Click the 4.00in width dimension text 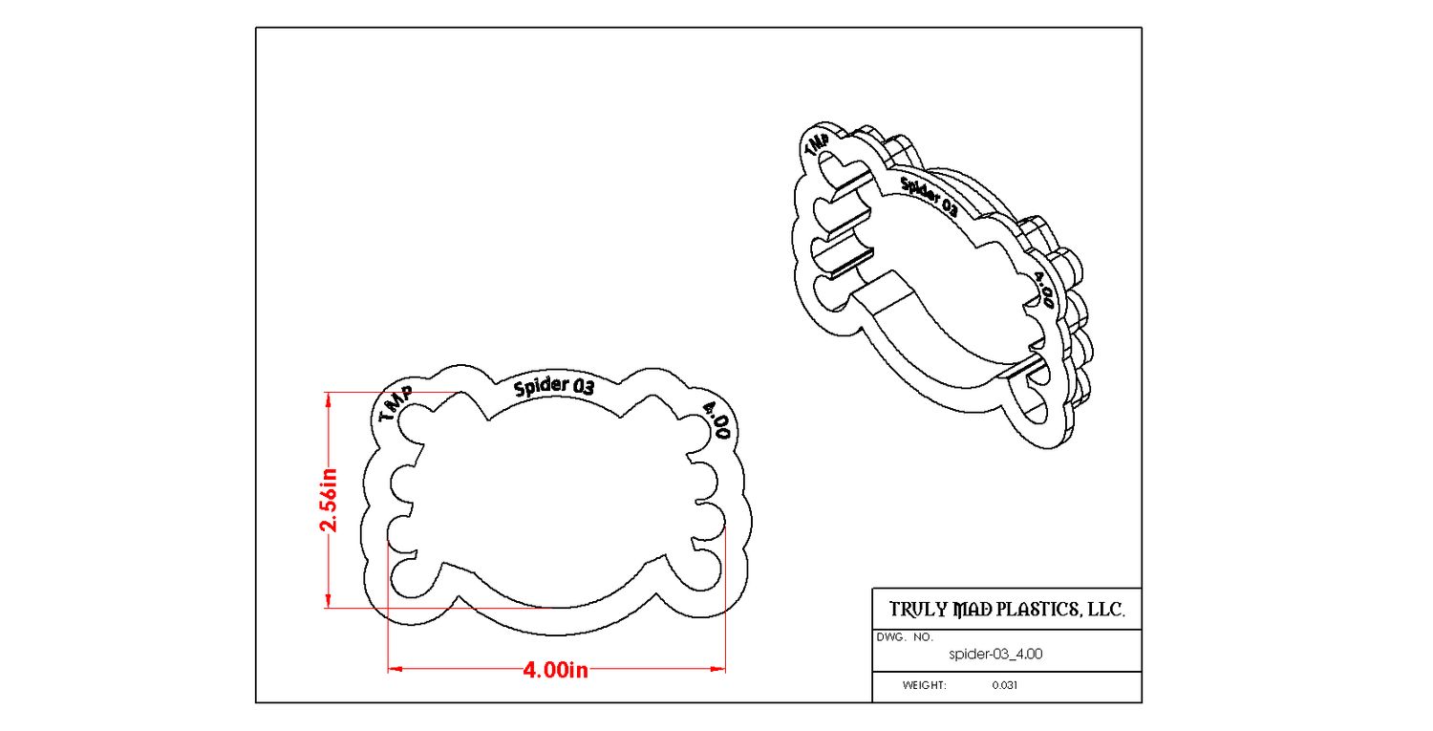[555, 670]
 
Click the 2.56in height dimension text [329, 500]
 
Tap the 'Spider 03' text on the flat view [554, 387]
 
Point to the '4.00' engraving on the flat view [716, 419]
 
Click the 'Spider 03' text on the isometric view [929, 197]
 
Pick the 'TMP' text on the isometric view [817, 144]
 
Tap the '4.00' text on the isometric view [1043, 290]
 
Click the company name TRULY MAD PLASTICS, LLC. [1007, 610]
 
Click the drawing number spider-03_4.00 [995, 654]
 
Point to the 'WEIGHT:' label [925, 685]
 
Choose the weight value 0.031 [1004, 685]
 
